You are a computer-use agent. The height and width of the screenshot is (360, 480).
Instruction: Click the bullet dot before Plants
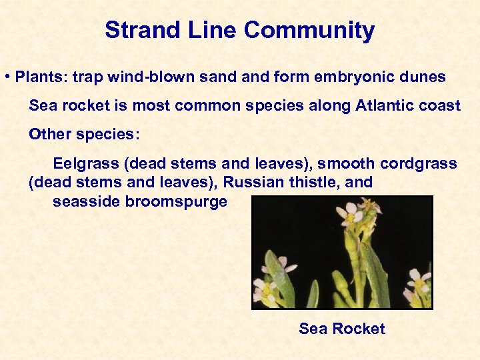click(7, 77)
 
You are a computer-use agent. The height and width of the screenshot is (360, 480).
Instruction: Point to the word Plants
click(39, 77)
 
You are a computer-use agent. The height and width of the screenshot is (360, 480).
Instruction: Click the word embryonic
click(355, 77)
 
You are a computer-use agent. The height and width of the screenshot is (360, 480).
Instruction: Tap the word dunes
click(424, 77)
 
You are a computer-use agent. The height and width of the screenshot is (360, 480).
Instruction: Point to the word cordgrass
click(419, 163)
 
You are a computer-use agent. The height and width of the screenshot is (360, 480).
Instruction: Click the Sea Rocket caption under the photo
click(342, 329)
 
